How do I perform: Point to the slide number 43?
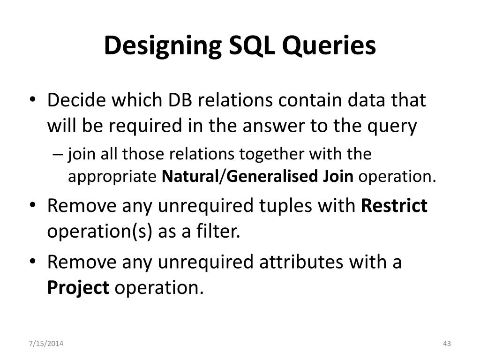click(446, 345)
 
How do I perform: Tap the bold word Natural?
click(190, 177)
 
